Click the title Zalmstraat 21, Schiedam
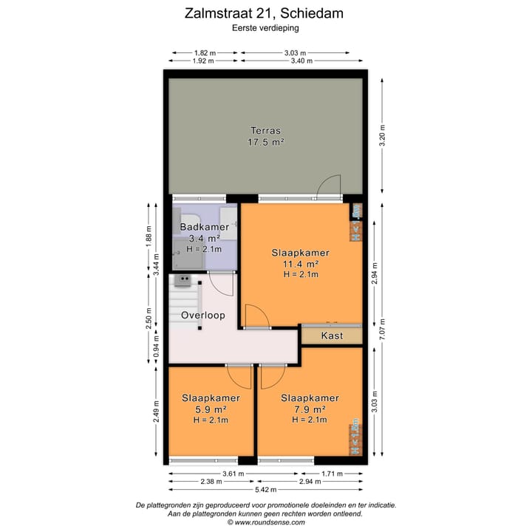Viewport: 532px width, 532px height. (265, 13)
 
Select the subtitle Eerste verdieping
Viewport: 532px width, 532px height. (265, 27)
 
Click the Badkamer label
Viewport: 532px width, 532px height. (204, 227)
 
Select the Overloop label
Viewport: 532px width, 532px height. (202, 315)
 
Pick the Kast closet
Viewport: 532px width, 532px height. (332, 335)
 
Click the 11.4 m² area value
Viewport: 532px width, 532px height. (301, 263)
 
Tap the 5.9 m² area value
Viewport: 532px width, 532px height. (210, 409)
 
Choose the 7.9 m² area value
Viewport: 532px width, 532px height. (310, 409)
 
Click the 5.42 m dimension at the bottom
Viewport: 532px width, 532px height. (265, 489)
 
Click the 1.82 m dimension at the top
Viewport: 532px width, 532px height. (205, 52)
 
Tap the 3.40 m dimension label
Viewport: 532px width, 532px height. (303, 61)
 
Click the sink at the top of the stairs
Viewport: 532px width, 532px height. (182, 280)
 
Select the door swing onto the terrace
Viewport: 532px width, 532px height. (328, 186)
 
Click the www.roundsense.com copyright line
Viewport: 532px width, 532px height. (265, 522)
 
